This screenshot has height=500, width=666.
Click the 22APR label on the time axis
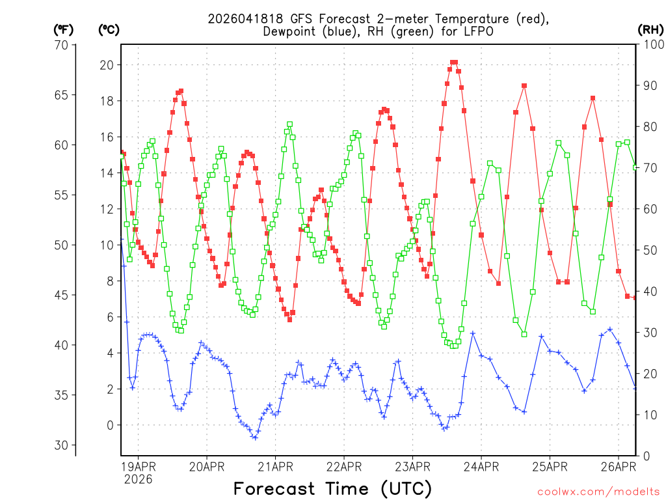[343, 466]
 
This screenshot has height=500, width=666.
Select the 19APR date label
[138, 466]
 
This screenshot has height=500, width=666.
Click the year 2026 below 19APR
[138, 479]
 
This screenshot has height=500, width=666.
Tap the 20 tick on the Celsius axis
[106, 65]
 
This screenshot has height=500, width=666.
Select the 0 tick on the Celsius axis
[110, 425]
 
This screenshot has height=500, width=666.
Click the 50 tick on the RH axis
[650, 250]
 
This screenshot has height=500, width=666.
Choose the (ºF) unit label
[62, 29]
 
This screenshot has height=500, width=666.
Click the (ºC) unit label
[108, 29]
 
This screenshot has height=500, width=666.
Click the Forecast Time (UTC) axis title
[332, 488]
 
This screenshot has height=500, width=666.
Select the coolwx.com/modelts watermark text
[598, 492]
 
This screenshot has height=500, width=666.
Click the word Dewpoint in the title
[291, 31]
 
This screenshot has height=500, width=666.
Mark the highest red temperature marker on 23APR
[453, 62]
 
